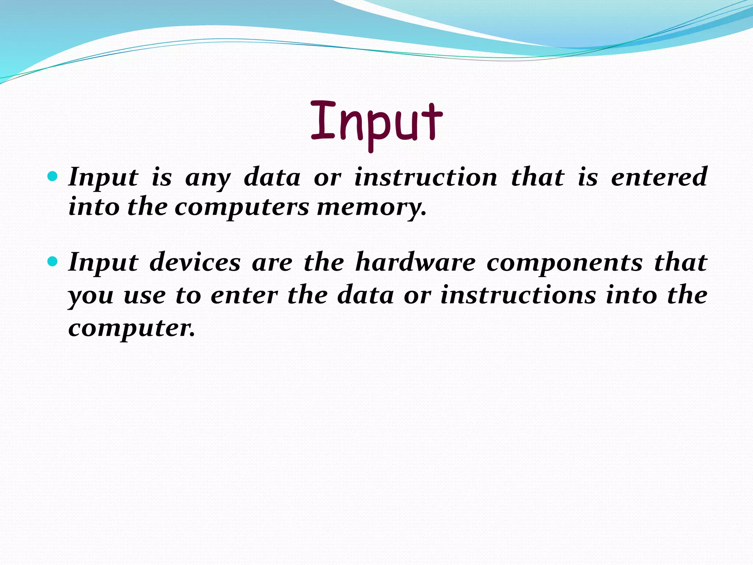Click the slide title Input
coord(376,123)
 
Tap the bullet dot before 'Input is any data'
coord(53,177)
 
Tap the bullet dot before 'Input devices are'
coord(53,262)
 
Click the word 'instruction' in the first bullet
coord(425,178)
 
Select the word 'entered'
coord(659,177)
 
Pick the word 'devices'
coord(195,263)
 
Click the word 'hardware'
coord(415,263)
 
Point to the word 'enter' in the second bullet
coord(244,296)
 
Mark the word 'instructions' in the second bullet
coord(518,295)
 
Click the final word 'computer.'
coord(131,329)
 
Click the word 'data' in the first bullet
coord(272,178)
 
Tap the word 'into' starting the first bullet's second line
coord(94,207)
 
